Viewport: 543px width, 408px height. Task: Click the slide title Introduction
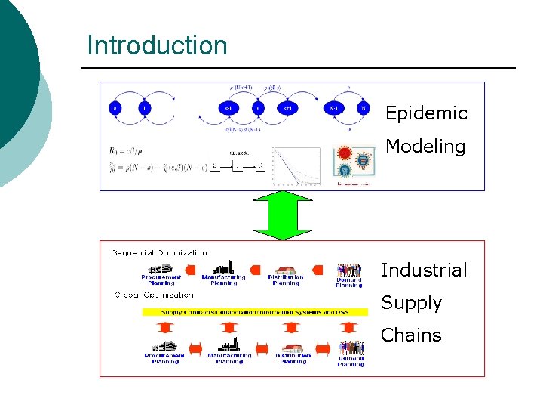pos(157,45)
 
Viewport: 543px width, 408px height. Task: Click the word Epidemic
pos(426,113)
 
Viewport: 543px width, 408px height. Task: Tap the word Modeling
pos(425,146)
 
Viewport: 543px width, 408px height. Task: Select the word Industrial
pos(424,270)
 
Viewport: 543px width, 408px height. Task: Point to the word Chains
pos(411,335)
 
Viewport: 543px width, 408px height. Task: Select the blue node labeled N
pos(364,108)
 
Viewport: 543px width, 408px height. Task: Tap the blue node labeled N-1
pos(334,108)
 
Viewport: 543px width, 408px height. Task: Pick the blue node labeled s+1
pos(287,108)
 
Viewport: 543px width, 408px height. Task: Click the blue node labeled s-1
pos(227,108)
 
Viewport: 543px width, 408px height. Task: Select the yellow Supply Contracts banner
pos(255,311)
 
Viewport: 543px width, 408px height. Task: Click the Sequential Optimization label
pos(159,252)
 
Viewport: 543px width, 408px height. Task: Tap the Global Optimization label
pos(153,295)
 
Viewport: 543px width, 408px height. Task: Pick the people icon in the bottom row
pos(351,348)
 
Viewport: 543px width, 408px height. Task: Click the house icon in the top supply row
pos(286,270)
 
